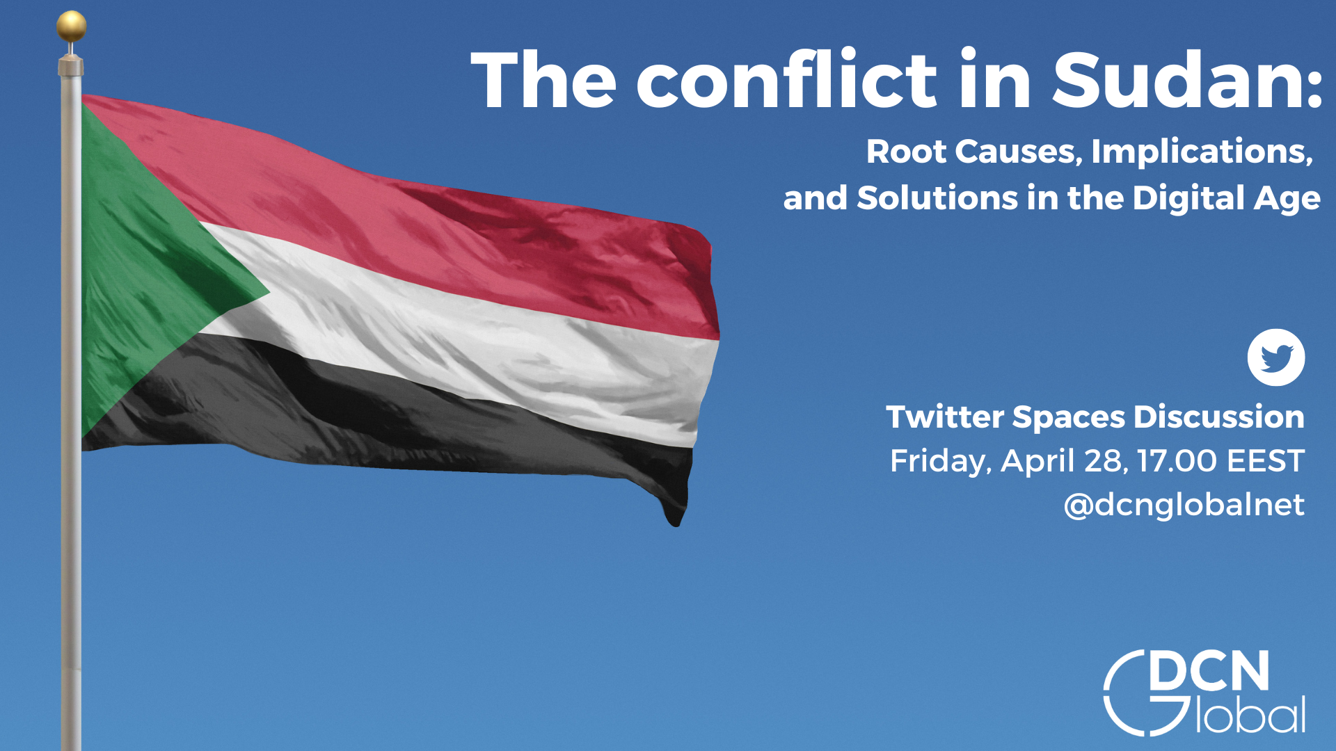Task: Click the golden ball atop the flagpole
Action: point(72,26)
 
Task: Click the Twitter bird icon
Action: point(1275,357)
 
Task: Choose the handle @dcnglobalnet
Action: point(1184,505)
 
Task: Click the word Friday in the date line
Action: point(940,462)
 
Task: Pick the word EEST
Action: point(1266,461)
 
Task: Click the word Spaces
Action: point(1068,418)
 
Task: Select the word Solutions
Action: point(937,198)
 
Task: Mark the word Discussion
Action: point(1218,417)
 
